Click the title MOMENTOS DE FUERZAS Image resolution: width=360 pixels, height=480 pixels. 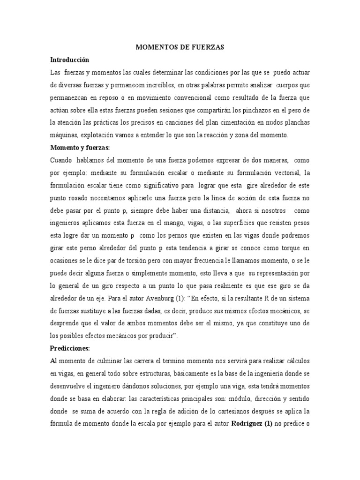(180, 47)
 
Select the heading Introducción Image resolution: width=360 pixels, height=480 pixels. (70, 60)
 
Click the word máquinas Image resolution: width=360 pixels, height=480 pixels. (63, 135)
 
